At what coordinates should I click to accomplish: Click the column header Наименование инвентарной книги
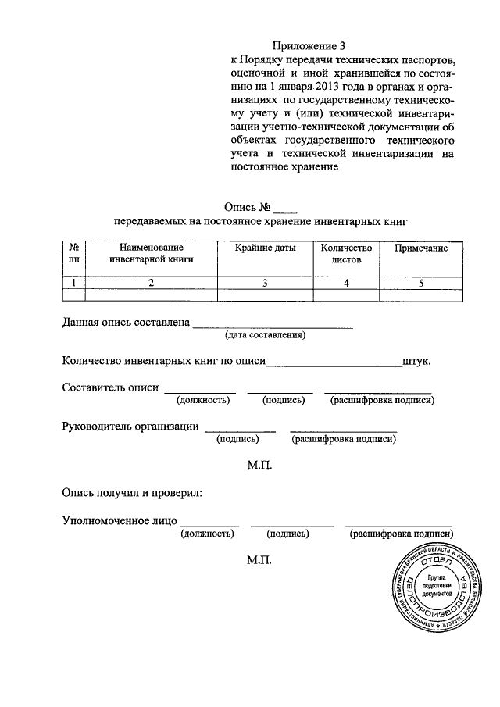(152, 254)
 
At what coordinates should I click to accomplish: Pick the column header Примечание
(420, 248)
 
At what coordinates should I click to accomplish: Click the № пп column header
(74, 254)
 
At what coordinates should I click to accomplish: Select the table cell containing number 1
(74, 284)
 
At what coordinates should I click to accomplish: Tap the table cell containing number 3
(265, 284)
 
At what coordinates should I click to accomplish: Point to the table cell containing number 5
(420, 284)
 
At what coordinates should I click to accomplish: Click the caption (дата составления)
(265, 335)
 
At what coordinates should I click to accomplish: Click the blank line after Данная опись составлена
(273, 323)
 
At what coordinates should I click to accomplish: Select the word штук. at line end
(416, 362)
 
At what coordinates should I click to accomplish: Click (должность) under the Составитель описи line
(202, 401)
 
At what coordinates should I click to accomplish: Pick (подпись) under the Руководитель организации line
(238, 439)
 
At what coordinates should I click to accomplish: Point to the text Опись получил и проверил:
(132, 493)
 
